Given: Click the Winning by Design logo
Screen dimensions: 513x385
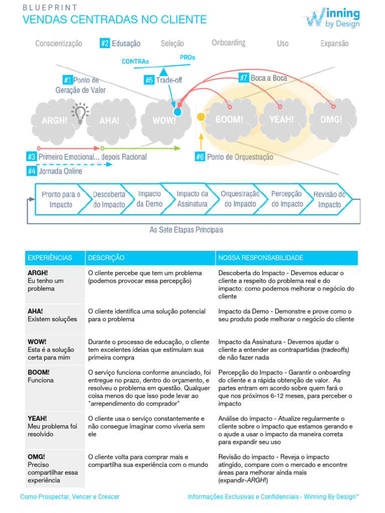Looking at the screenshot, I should coord(331,18).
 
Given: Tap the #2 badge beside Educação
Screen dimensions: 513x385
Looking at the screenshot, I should coord(105,44).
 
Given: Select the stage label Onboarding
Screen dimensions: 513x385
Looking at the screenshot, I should coord(229,43).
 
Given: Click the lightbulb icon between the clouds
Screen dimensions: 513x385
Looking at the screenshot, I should coord(79,113).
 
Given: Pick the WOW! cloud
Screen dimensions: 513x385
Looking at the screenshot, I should coord(164,120).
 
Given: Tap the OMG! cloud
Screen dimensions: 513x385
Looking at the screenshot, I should coord(331,120).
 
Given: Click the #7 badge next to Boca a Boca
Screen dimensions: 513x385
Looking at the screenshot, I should coord(244,78).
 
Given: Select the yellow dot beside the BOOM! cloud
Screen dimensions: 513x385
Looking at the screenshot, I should coord(201,117).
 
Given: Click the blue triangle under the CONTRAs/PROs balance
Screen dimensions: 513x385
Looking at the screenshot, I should coord(162,72).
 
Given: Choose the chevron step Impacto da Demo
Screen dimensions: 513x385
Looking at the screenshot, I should coord(149,199).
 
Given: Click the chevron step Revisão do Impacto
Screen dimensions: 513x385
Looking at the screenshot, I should coord(329,199).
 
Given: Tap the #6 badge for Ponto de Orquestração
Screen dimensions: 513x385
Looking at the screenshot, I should coord(200,157).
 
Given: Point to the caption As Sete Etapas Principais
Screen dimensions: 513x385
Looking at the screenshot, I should coord(186,230).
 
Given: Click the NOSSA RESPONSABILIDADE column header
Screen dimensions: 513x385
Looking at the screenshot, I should coord(261,258).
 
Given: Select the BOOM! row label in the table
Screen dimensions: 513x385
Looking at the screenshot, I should coord(39,373).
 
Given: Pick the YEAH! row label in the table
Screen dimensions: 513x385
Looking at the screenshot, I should coord(38,418).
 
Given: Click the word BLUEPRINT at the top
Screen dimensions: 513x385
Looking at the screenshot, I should coord(50,8).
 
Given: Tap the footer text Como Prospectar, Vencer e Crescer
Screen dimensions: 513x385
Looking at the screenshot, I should coord(70,497).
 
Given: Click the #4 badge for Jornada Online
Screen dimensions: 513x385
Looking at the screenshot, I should coord(32,171).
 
